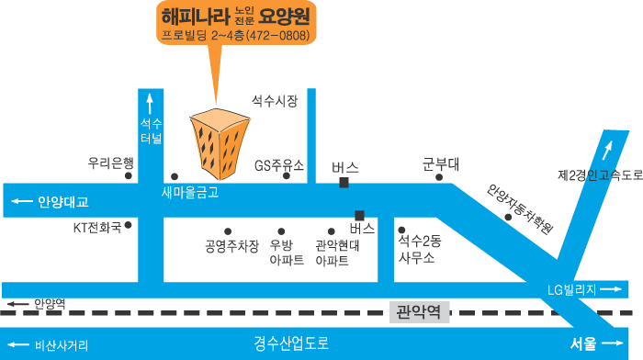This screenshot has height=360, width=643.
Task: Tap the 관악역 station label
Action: pyautogui.click(x=419, y=312)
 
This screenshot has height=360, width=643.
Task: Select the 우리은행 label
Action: pyautogui.click(x=111, y=163)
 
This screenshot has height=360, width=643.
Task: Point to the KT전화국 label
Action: pyautogui.click(x=97, y=225)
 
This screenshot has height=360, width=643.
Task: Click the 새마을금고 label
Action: pyautogui.click(x=190, y=192)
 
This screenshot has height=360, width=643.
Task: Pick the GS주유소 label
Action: pyautogui.click(x=279, y=165)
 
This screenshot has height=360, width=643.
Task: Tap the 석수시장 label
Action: pyautogui.click(x=275, y=102)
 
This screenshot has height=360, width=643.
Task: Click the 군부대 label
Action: pyautogui.click(x=441, y=164)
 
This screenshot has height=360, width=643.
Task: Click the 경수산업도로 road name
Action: pyautogui.click(x=291, y=343)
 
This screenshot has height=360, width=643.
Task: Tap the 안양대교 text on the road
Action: pyautogui.click(x=63, y=201)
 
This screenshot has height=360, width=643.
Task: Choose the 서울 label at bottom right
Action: pyautogui.click(x=583, y=343)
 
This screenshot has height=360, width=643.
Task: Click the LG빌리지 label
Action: pyautogui.click(x=572, y=290)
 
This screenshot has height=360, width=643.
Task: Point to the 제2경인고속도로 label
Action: pyautogui.click(x=598, y=174)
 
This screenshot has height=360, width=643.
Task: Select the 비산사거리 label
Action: pyautogui.click(x=62, y=345)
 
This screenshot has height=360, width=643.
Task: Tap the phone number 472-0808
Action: pyautogui.click(x=271, y=35)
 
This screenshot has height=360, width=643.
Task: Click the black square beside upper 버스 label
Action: pyautogui.click(x=344, y=183)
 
